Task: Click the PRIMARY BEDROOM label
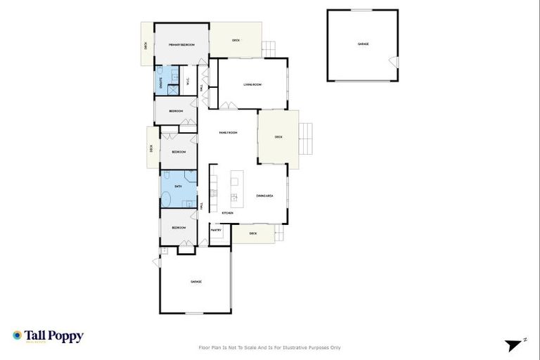tap(181, 45)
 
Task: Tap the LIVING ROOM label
tap(252, 85)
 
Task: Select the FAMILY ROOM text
tap(228, 133)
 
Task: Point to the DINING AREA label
tap(264, 195)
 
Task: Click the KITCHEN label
tap(227, 212)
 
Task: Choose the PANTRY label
tap(216, 230)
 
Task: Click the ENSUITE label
tap(159, 80)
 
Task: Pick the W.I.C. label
tap(188, 81)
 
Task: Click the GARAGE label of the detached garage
tap(363, 44)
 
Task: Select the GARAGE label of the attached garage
tap(196, 282)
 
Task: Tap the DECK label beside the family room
tap(278, 137)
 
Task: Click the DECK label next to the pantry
tap(253, 233)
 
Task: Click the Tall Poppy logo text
tap(54, 336)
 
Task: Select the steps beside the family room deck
tap(306, 139)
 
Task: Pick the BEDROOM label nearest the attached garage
tap(179, 228)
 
